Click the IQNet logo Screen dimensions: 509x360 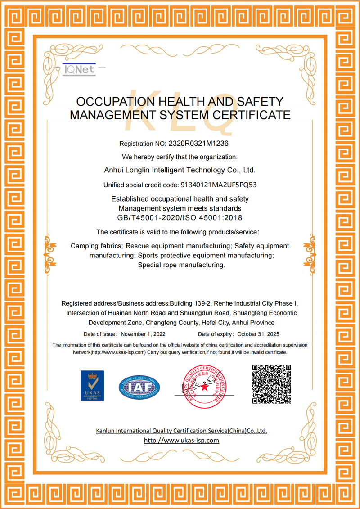pyautogui.click(x=79, y=69)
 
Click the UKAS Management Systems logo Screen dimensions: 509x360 pyautogui.click(x=92, y=386)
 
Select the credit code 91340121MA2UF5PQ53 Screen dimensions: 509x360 pyautogui.click(x=218, y=185)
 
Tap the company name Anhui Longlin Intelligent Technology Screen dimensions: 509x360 pyautogui.click(x=180, y=170)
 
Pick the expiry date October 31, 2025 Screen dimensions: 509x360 pyautogui.click(x=259, y=334)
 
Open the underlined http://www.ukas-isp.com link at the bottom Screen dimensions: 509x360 pyautogui.click(x=181, y=441)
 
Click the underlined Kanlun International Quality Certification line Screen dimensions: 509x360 pyautogui.click(x=181, y=431)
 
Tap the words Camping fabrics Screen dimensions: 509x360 pyautogui.click(x=96, y=246)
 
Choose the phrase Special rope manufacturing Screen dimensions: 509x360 pyautogui.click(x=181, y=265)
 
